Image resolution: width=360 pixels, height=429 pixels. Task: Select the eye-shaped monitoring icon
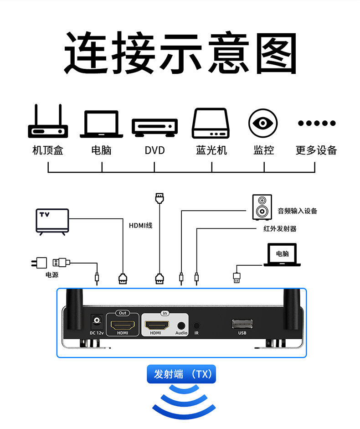pyautogui.click(x=263, y=123)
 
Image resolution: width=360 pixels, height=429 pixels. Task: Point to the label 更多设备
pyautogui.click(x=316, y=150)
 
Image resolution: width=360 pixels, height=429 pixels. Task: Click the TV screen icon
pyautogui.click(x=52, y=221)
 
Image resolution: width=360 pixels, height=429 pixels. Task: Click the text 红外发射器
pyautogui.click(x=280, y=228)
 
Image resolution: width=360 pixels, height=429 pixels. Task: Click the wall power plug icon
pyautogui.click(x=40, y=263)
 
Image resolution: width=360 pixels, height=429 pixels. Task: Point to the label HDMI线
pyautogui.click(x=140, y=225)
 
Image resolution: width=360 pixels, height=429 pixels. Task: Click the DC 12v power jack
pyautogui.click(x=96, y=321)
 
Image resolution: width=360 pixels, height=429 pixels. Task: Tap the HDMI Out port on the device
pyautogui.click(x=123, y=325)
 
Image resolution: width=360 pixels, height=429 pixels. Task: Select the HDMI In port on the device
pyautogui.click(x=157, y=325)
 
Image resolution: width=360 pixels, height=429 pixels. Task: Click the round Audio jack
pyautogui.click(x=181, y=326)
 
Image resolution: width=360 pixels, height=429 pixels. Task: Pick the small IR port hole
pyautogui.click(x=196, y=326)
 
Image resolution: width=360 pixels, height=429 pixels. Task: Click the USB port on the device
pyautogui.click(x=242, y=324)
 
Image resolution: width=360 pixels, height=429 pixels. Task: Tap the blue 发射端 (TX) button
pyautogui.click(x=181, y=374)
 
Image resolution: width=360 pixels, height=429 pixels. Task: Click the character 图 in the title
pyautogui.click(x=275, y=54)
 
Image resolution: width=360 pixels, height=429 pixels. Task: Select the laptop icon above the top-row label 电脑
pyautogui.click(x=101, y=124)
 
